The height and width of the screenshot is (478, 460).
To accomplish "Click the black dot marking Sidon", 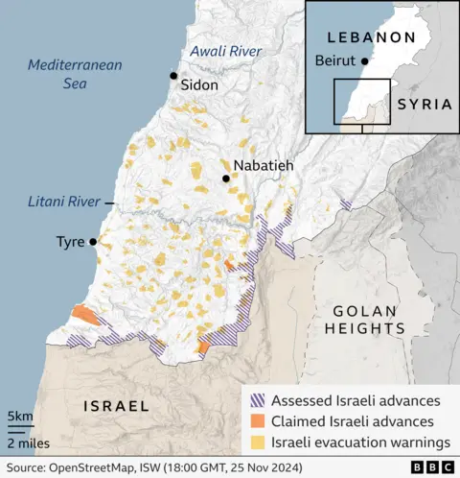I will [173, 75].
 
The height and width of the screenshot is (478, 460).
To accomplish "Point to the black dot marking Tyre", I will [93, 242].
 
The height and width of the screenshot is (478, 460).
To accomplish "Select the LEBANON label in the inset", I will [371, 37].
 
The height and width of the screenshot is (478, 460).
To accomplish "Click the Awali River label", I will [224, 50].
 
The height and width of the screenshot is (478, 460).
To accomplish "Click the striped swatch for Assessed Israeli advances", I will [258, 400].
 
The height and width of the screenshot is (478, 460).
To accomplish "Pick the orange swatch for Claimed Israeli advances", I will [258, 421].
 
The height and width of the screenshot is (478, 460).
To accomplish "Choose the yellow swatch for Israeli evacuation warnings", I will [258, 442].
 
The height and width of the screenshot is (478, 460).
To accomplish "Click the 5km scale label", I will [20, 417].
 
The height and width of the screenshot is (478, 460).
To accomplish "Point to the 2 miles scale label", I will [29, 442].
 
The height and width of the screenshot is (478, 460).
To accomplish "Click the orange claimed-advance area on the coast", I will [83, 316].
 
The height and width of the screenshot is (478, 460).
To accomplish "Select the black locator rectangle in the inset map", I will [361, 103].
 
